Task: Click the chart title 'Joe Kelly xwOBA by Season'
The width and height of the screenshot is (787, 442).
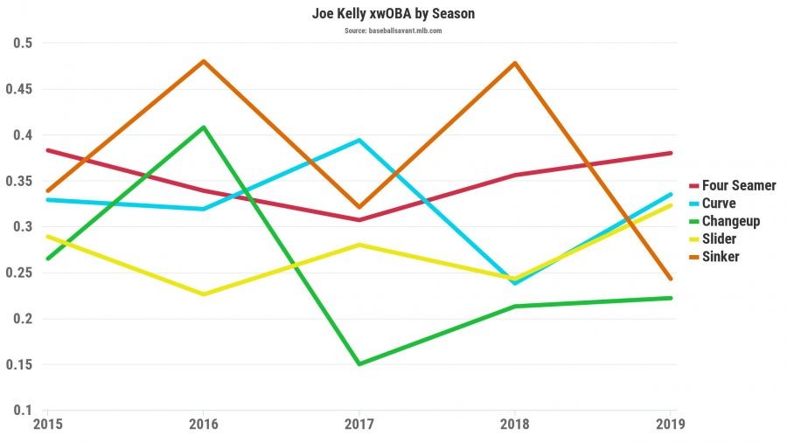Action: pyautogui.click(x=393, y=15)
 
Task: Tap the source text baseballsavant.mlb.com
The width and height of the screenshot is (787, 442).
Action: pyautogui.click(x=393, y=31)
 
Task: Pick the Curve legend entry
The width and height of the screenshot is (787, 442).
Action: pyautogui.click(x=719, y=204)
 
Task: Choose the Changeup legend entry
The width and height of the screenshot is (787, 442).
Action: pyautogui.click(x=731, y=221)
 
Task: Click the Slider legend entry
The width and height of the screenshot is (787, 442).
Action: pyautogui.click(x=719, y=238)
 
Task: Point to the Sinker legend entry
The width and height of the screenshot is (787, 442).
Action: pyautogui.click(x=721, y=257)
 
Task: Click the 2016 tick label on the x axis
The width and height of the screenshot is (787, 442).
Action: pyautogui.click(x=204, y=425)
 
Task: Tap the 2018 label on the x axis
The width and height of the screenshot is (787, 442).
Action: pyautogui.click(x=514, y=425)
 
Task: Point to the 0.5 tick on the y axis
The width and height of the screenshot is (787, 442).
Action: pyautogui.click(x=22, y=44)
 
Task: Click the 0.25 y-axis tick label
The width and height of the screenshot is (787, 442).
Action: pyautogui.click(x=17, y=273)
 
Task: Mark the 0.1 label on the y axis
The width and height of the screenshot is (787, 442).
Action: pyautogui.click(x=22, y=411)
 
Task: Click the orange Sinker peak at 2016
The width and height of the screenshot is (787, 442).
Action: pyautogui.click(x=204, y=61)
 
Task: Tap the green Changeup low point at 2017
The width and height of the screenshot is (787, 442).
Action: pyautogui.click(x=359, y=363)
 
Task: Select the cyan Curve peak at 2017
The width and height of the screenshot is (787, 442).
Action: pyautogui.click(x=359, y=140)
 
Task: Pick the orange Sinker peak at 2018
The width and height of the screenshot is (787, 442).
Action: pyautogui.click(x=514, y=63)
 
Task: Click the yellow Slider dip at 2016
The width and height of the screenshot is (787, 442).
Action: pyautogui.click(x=204, y=294)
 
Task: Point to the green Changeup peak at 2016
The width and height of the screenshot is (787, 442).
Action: pyautogui.click(x=204, y=128)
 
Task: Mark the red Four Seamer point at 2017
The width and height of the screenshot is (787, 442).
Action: pyautogui.click(x=359, y=219)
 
